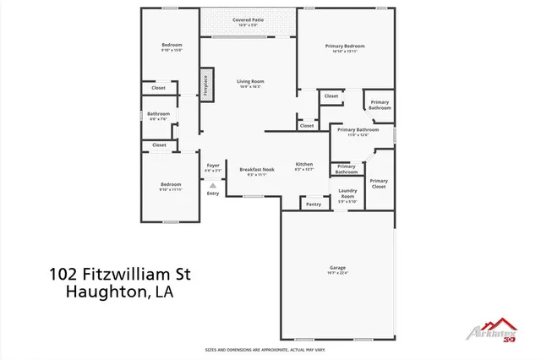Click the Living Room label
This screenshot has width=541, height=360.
point(249,81)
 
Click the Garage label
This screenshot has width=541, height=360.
point(337,268)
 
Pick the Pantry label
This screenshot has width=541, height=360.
point(314,204)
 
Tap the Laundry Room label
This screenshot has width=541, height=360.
point(347,194)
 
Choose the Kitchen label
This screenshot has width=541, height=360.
point(304,164)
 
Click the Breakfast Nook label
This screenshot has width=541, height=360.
point(257,169)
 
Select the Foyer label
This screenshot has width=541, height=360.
point(213,165)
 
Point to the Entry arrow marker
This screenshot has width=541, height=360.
point(213,184)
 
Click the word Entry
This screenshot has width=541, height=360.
point(213,194)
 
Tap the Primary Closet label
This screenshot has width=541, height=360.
point(379,183)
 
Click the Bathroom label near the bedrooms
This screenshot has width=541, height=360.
point(158,114)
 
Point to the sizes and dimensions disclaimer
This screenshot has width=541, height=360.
point(265,349)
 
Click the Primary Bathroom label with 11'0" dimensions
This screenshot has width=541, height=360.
point(353,130)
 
